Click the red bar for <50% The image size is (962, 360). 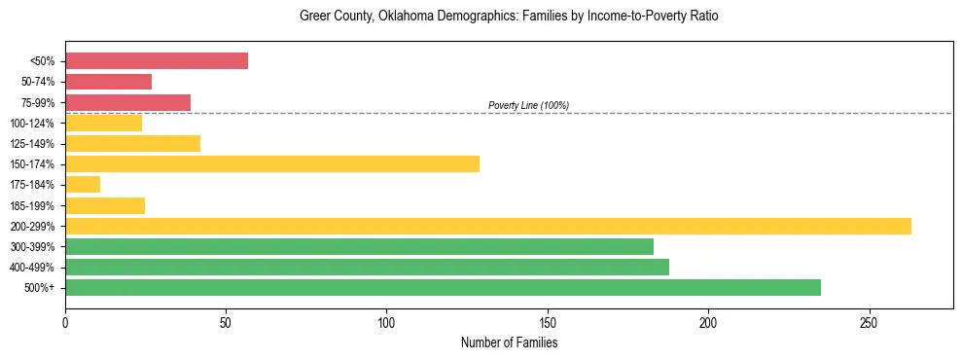(x=157, y=61)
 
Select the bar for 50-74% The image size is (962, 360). (x=109, y=82)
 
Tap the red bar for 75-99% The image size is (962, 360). (x=127, y=102)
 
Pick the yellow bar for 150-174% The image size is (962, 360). (x=272, y=163)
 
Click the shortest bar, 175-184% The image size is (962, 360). (x=83, y=184)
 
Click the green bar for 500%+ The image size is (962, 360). (x=443, y=287)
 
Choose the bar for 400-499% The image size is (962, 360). (x=367, y=267)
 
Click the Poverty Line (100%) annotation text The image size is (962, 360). (x=528, y=105)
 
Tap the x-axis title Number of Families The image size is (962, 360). (x=509, y=343)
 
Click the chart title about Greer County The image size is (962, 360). (x=509, y=17)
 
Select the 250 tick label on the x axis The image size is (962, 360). (x=869, y=322)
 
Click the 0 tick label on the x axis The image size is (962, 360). (x=65, y=322)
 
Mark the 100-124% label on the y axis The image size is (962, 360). (x=32, y=124)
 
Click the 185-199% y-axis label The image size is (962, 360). (x=32, y=205)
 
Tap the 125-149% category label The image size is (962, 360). (x=32, y=144)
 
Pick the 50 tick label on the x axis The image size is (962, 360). (x=226, y=322)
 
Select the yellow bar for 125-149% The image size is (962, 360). (x=132, y=143)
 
